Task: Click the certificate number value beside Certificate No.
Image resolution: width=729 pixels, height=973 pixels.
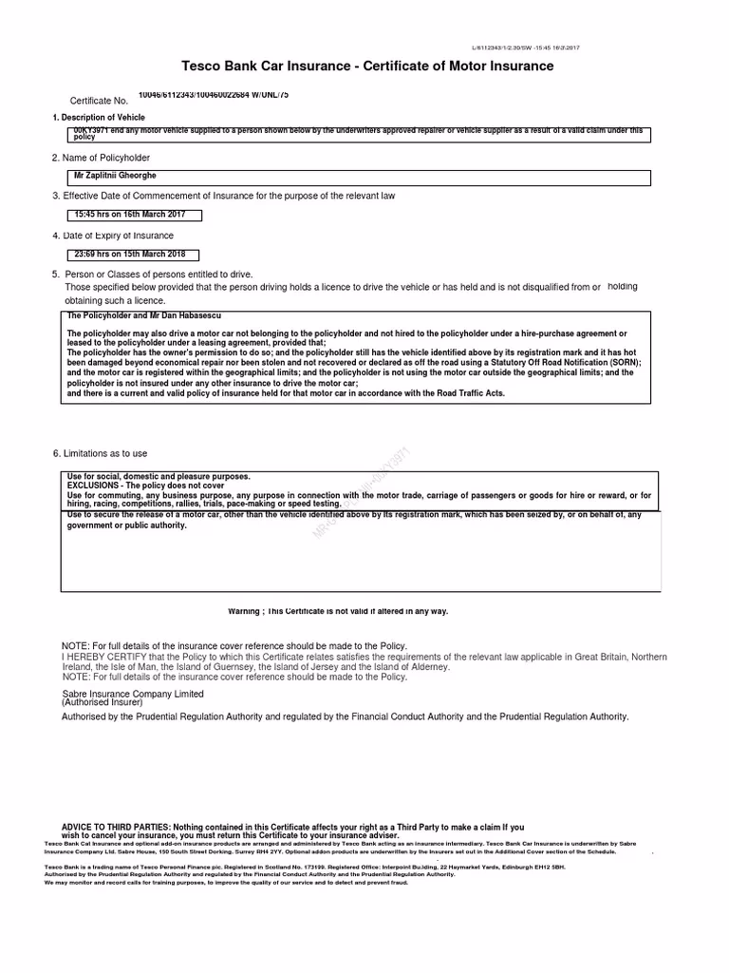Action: [x=213, y=95]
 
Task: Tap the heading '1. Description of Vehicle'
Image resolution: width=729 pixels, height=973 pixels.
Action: [x=99, y=117]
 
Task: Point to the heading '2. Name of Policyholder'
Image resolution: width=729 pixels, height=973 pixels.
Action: [x=101, y=157]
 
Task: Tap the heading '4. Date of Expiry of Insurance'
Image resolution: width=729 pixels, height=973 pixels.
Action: [x=113, y=235]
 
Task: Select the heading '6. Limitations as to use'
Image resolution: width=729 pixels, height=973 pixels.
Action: [x=100, y=453]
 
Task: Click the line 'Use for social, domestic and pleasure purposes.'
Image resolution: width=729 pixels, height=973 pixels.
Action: [x=159, y=476]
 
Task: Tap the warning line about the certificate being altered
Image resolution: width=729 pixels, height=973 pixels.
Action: [x=337, y=611]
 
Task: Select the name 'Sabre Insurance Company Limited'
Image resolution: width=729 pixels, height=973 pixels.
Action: [x=133, y=695]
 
